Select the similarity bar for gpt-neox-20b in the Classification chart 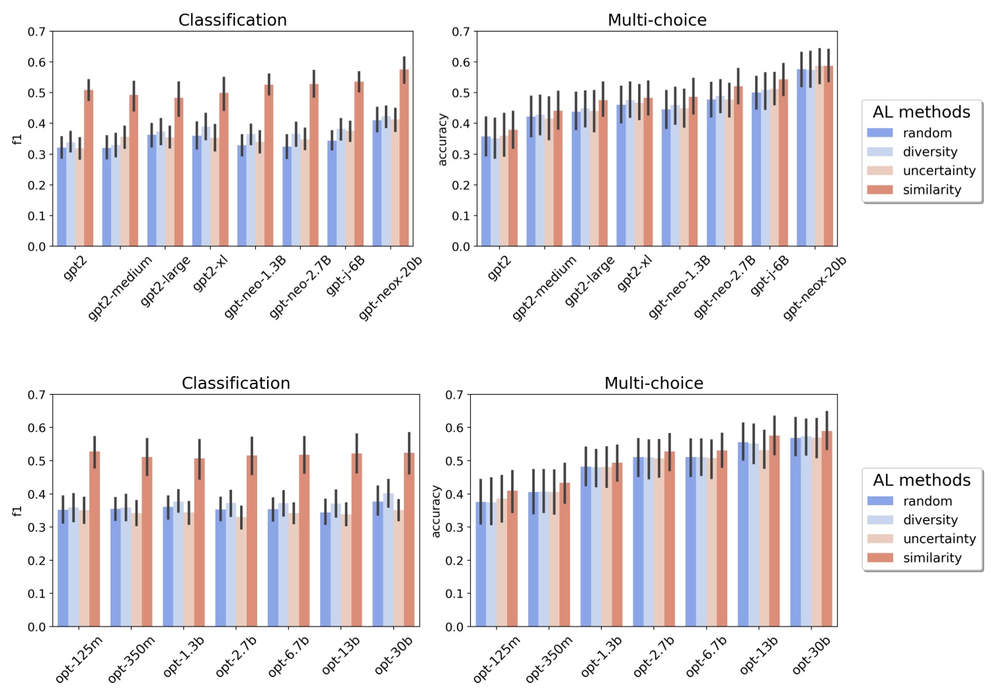coord(404,159)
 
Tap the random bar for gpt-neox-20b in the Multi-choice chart coord(801,159)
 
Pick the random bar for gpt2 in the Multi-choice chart coord(486,192)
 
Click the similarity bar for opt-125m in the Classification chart coord(95,539)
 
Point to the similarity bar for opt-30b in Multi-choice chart coord(826,529)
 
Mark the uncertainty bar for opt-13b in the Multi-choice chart coord(764,539)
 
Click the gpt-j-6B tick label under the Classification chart coord(346,275)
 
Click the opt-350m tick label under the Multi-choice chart coord(549,659)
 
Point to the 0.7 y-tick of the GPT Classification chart coord(37,32)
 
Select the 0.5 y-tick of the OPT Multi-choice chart coord(454,461)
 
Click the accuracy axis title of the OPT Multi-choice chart coord(436,511)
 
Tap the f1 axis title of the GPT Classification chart coord(18,139)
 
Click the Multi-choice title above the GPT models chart coord(656,20)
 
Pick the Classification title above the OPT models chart coord(235,384)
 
